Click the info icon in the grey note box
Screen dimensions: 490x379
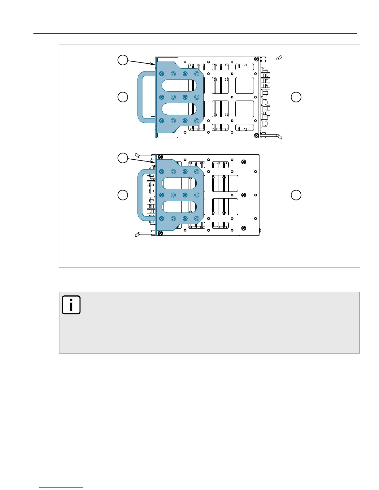71,305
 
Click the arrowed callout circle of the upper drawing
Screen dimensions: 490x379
123,60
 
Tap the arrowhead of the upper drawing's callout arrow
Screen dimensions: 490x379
154,64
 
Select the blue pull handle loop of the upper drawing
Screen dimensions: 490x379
140,97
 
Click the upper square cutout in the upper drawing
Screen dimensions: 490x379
245,85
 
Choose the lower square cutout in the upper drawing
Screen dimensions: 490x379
245,109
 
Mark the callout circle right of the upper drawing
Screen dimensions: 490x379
296,97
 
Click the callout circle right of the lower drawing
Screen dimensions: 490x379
296,195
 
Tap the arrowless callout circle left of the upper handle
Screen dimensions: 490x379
123,97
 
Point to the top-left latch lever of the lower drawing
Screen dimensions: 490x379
144,156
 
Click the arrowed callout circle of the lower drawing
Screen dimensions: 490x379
123,158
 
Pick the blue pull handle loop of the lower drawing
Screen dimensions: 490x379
140,195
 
